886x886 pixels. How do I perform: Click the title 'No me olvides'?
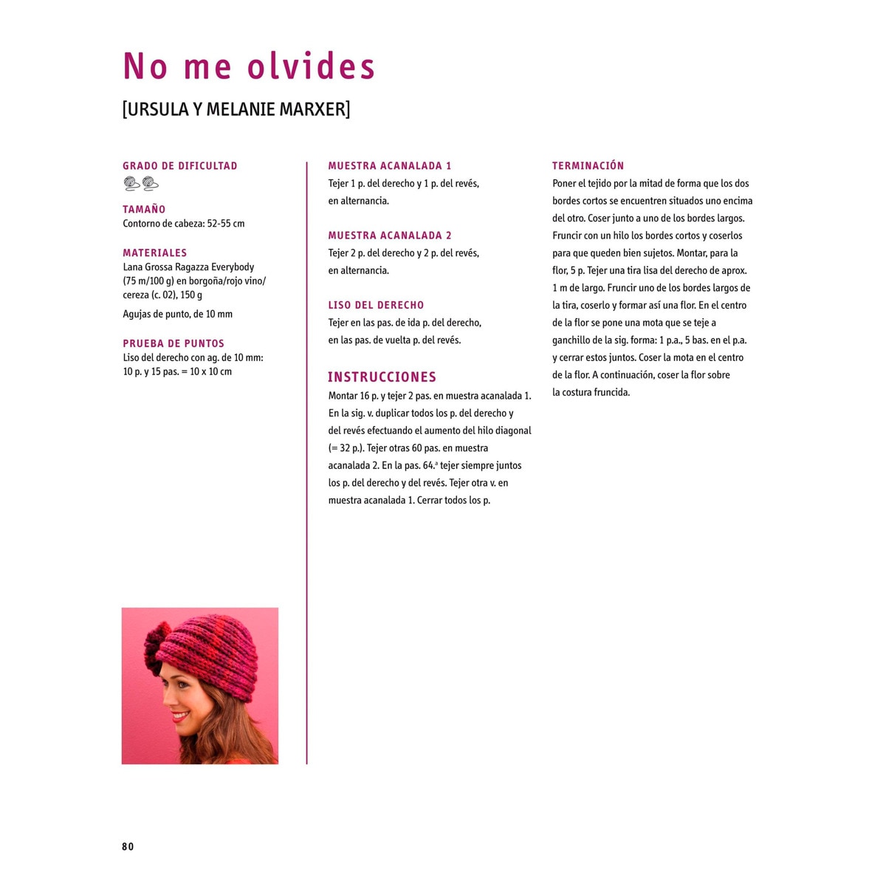249,66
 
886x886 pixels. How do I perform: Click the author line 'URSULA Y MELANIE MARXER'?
236,109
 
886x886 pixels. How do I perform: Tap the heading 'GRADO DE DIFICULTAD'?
180,166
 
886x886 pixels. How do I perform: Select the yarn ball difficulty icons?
141,183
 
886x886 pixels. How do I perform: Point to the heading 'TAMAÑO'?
144,210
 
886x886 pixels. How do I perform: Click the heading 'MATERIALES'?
154,253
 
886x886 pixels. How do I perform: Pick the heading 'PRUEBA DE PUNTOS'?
174,343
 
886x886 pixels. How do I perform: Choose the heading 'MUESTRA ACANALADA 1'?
390,166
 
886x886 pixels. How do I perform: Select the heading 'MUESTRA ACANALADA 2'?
390,236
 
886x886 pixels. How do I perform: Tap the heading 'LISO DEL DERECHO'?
376,305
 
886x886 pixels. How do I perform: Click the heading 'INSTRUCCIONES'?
382,377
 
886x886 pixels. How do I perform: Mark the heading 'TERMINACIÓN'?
588,166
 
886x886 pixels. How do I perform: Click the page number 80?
128,847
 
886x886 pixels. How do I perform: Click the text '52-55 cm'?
226,224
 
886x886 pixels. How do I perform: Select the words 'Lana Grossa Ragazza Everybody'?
188,267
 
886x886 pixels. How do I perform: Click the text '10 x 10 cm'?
210,372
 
